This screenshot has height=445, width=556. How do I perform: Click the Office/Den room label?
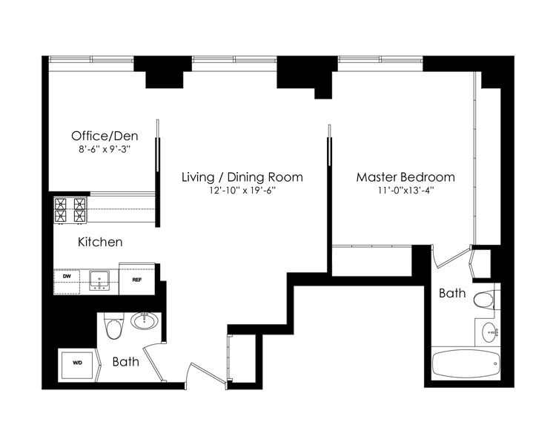point(105,136)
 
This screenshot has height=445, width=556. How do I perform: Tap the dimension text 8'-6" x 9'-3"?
point(105,149)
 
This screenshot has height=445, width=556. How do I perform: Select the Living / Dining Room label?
point(242,177)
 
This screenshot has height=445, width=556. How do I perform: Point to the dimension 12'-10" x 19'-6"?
point(242,191)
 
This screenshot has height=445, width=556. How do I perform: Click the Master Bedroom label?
point(406,177)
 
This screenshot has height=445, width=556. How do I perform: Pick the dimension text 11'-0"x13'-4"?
point(406,191)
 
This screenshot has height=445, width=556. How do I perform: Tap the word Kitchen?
point(100,242)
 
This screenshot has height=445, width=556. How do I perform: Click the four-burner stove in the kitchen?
point(70,211)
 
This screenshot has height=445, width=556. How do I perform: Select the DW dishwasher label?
point(66,276)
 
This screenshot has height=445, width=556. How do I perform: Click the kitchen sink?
point(99,280)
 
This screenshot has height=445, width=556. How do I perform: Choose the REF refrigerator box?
point(137,279)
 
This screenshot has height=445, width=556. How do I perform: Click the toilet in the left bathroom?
point(114,326)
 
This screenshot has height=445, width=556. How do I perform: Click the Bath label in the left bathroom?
point(125,362)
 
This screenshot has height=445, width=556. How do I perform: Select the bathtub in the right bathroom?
point(466,364)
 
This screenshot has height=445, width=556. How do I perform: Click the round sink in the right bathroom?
point(490,332)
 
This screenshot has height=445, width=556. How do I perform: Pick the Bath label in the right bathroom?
point(452,293)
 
